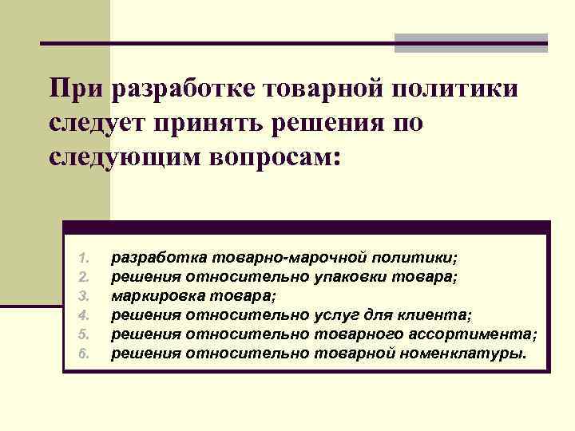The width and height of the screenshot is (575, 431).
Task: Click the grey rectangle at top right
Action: (x=470, y=42)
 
